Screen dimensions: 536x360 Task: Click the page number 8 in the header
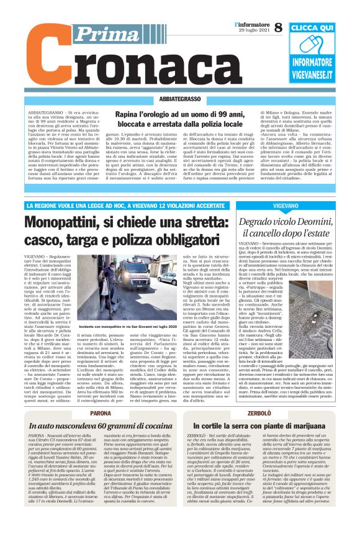[278, 27]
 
